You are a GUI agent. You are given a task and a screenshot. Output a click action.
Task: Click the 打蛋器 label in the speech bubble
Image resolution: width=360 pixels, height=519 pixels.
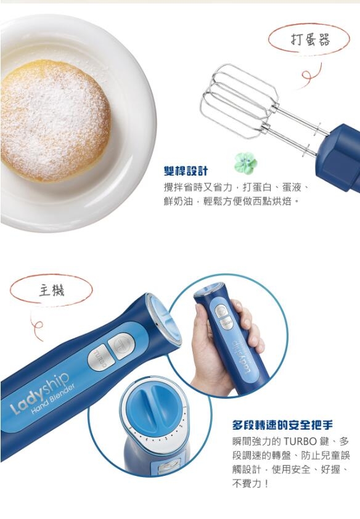tap(310, 39)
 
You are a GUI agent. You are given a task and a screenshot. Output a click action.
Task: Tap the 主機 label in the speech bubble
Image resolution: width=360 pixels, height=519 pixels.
tap(52, 290)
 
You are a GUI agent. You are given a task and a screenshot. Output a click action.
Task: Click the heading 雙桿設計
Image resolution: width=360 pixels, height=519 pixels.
tap(186, 171)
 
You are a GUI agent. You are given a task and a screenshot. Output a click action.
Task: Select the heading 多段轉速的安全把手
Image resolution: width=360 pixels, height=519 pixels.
tap(282, 425)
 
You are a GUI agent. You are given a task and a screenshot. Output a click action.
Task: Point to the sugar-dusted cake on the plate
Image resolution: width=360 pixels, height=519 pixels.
tap(55, 121)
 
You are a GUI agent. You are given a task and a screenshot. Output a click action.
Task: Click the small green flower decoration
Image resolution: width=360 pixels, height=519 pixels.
tap(245, 163)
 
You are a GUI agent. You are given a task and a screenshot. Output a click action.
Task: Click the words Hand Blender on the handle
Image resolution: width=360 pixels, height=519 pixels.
tap(53, 399)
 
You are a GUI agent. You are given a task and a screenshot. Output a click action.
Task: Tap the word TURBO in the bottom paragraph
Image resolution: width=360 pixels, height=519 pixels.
tap(300, 441)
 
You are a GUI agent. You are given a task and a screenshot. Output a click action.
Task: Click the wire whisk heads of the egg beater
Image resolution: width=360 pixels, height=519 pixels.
tap(239, 101)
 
